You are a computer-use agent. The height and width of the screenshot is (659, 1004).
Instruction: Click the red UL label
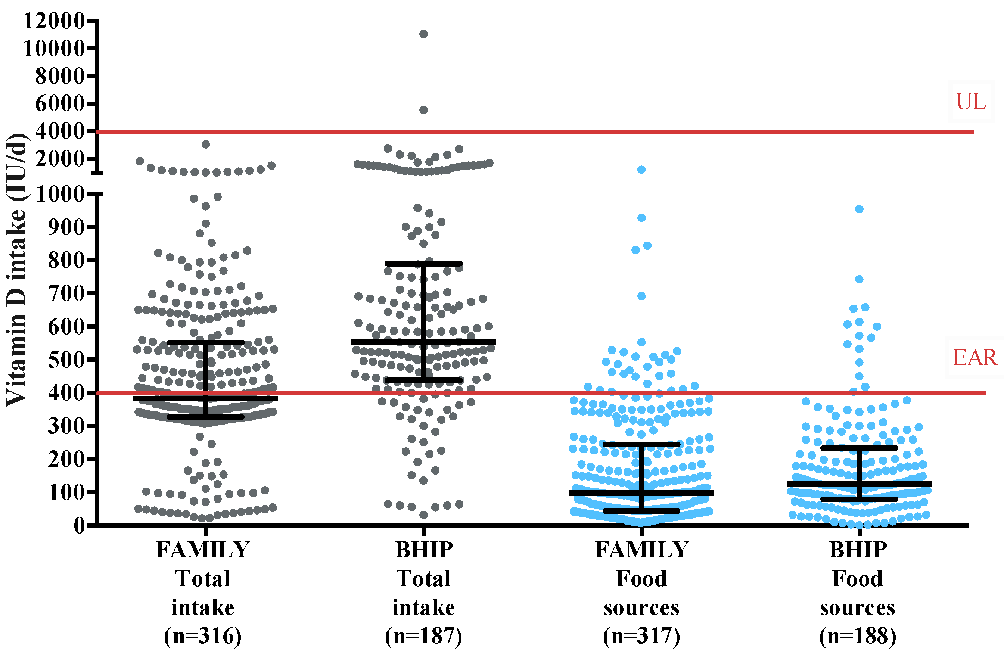971,102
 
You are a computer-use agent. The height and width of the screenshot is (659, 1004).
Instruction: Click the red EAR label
975,358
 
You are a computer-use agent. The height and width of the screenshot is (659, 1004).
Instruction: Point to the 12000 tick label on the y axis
55,21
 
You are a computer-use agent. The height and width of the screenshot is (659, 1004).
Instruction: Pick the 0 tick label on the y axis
79,526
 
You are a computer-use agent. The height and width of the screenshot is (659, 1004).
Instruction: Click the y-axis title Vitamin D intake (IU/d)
17,270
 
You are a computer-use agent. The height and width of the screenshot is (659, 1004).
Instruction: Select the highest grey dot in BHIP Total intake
423,34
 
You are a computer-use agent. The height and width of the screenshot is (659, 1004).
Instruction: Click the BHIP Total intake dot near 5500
423,110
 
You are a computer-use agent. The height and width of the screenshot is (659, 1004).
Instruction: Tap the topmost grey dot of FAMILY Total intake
205,144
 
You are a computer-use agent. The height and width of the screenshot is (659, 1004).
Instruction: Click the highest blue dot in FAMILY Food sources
641,170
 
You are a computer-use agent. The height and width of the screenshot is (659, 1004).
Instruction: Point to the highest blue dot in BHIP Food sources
859,209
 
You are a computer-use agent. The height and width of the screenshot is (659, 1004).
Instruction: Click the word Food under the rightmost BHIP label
857,578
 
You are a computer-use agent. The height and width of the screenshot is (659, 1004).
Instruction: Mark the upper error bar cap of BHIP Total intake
423,264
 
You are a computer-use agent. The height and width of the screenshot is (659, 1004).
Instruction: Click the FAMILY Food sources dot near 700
641,296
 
